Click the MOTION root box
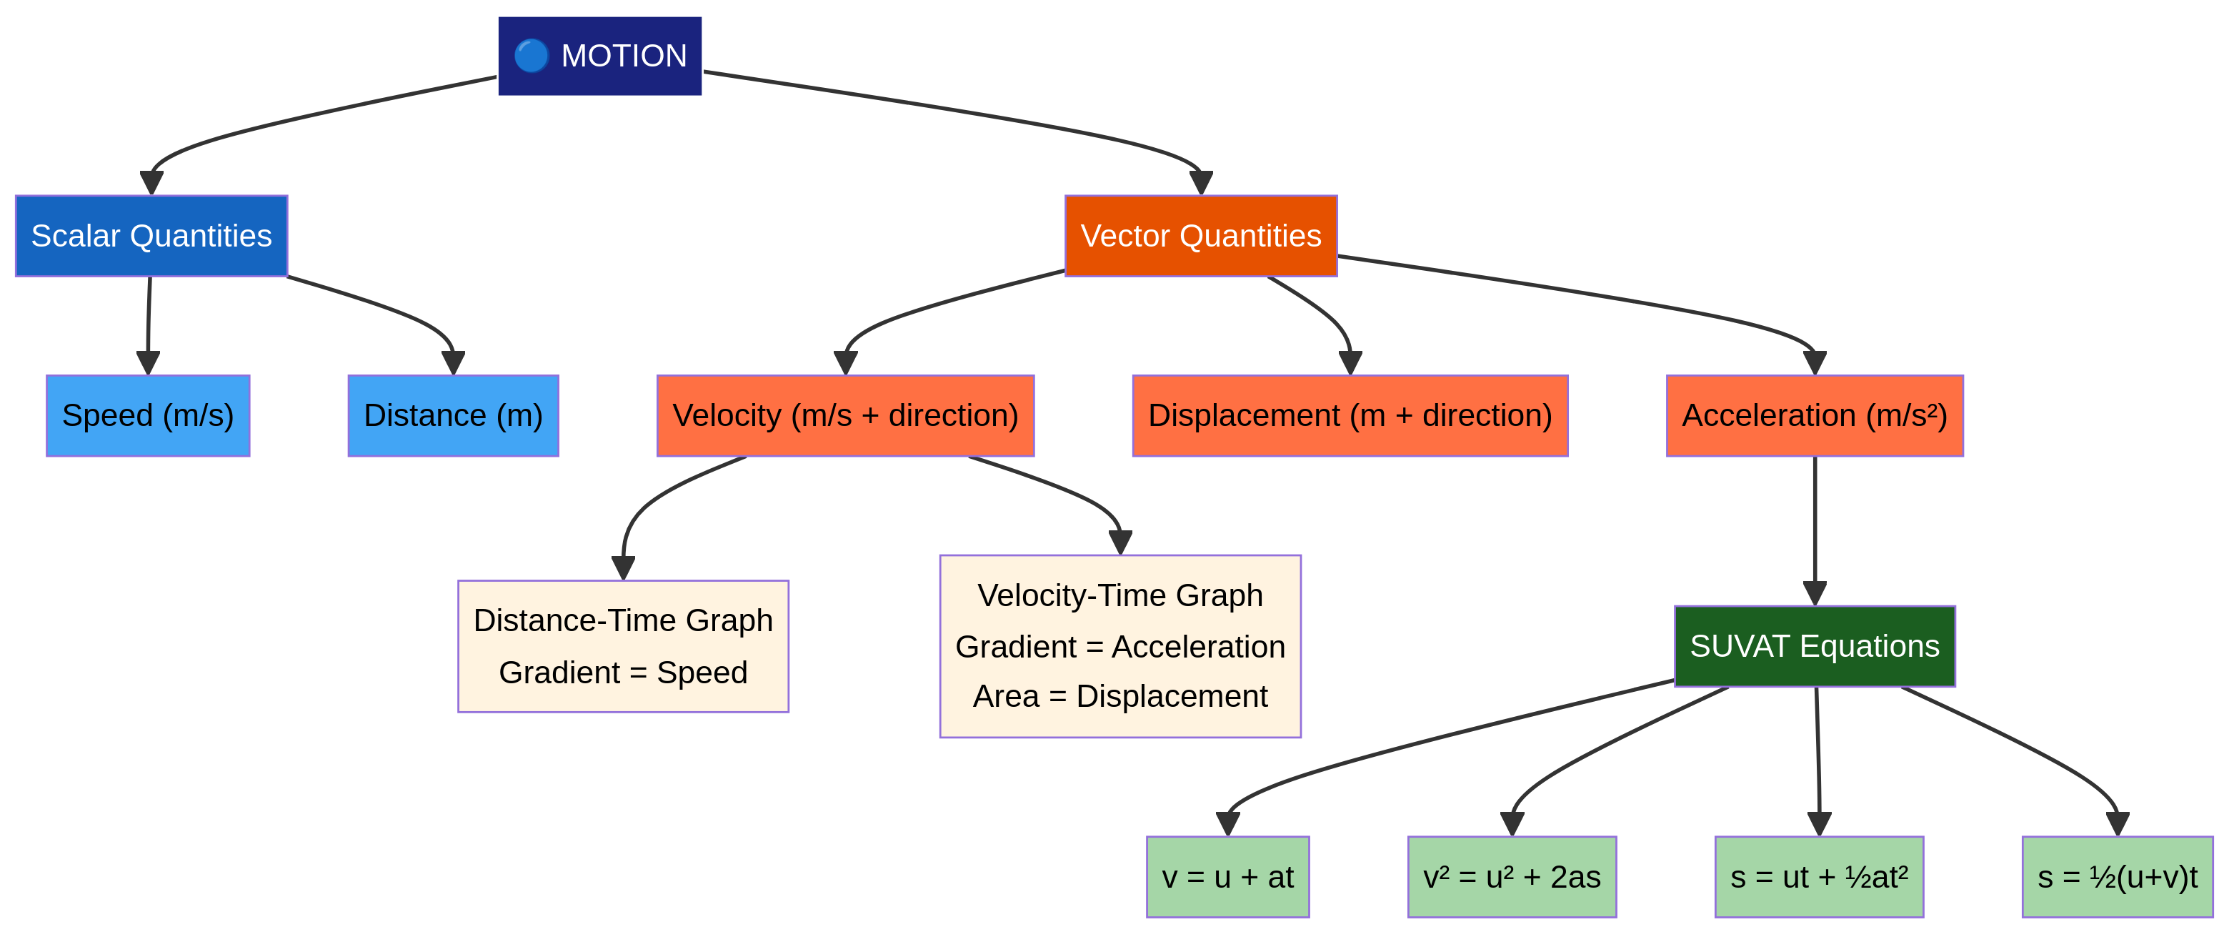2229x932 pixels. pyautogui.click(x=599, y=56)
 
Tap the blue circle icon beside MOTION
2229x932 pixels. pyautogui.click(x=532, y=56)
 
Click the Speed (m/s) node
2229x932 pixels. pyautogui.click(x=148, y=415)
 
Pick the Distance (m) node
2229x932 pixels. pyautogui.click(x=454, y=415)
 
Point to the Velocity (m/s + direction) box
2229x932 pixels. pyautogui.click(x=845, y=415)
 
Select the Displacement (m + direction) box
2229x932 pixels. pyautogui.click(x=1350, y=415)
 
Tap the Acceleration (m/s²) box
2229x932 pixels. pyautogui.click(x=1815, y=415)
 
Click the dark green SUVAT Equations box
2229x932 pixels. pyautogui.click(x=1815, y=646)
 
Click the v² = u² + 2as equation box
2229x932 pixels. pyautogui.click(x=1512, y=877)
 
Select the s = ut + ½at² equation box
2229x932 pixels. pyautogui.click(x=1819, y=877)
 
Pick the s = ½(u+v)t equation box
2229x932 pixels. pyautogui.click(x=2117, y=877)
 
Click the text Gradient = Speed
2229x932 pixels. pyautogui.click(x=623, y=673)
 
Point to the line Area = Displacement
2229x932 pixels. pyautogui.click(x=1120, y=695)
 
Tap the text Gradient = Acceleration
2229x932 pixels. pyautogui.click(x=1120, y=646)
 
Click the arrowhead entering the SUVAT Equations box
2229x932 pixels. pyautogui.click(x=1815, y=594)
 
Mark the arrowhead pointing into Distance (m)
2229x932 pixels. pyautogui.click(x=454, y=364)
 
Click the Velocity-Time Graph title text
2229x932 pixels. pyautogui.click(x=1120, y=595)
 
